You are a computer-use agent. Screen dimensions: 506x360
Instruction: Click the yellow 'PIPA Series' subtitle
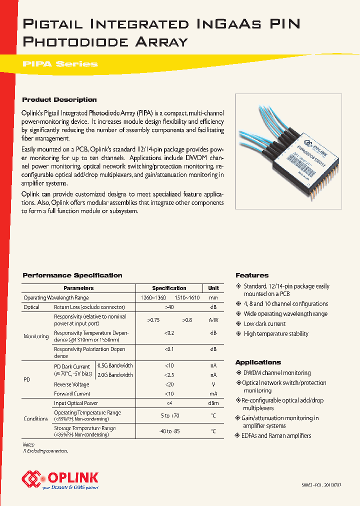click(60, 64)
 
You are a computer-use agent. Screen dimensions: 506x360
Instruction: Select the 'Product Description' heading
click(59, 99)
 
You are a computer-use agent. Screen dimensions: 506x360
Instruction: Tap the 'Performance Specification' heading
click(72, 275)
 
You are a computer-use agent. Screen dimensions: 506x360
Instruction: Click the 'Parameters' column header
click(78, 288)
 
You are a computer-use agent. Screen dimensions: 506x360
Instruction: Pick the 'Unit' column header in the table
click(213, 288)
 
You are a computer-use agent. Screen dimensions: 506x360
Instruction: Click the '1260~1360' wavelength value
click(154, 298)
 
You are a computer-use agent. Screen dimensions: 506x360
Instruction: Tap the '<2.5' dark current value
click(169, 375)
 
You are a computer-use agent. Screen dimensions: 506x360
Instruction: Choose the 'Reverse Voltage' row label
click(71, 384)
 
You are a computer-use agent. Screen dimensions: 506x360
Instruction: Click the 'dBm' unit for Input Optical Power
click(213, 403)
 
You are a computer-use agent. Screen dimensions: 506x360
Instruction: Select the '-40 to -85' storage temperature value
click(169, 431)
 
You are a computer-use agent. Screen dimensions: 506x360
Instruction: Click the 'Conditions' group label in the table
click(36, 418)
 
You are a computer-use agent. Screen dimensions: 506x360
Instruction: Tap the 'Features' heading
click(252, 275)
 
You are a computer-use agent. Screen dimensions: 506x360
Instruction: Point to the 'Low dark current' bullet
click(264, 324)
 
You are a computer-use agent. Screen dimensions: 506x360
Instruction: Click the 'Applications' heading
click(258, 362)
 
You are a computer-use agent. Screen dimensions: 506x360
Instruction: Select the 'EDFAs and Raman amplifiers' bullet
click(276, 436)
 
